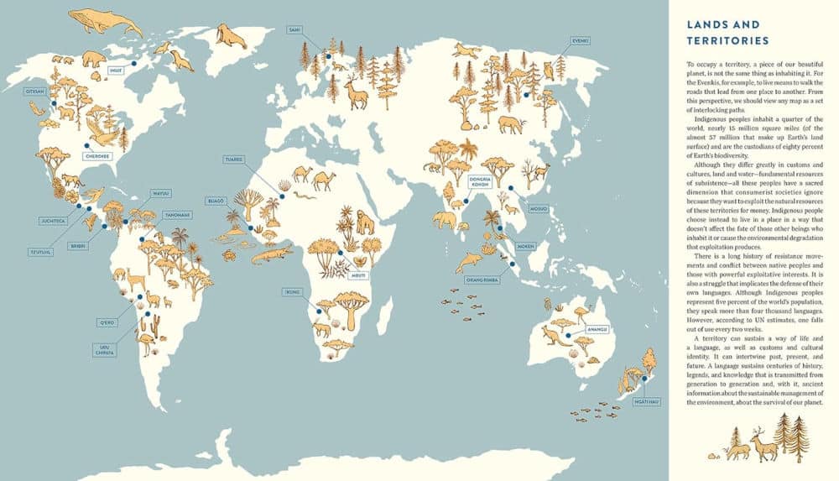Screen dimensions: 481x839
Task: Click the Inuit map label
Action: (117, 71)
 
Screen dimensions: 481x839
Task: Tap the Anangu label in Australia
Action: (597, 329)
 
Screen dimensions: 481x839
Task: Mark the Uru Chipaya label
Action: (105, 351)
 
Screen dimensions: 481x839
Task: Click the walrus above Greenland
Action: (228, 34)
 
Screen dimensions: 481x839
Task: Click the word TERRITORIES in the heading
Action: (727, 40)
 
